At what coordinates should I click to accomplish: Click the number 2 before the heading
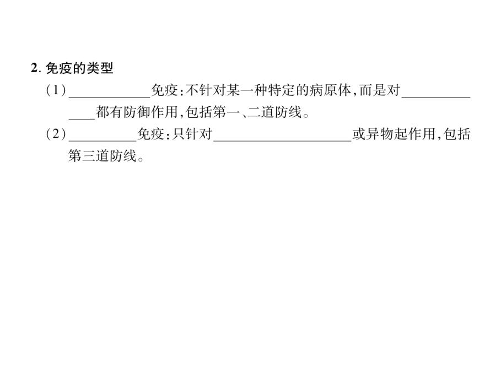(x=34, y=68)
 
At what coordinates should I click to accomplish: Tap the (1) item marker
(x=56, y=90)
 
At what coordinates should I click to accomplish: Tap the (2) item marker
(x=56, y=134)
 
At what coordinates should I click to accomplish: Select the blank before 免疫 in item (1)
(x=110, y=96)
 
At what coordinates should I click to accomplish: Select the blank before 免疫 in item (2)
(x=103, y=140)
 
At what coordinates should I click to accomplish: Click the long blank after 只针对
(x=282, y=140)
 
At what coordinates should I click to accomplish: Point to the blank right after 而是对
(x=436, y=96)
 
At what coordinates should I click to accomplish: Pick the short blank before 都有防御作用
(x=82, y=118)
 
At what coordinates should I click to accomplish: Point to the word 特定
(x=282, y=90)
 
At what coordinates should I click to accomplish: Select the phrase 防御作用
(x=150, y=112)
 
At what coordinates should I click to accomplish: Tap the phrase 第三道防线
(x=102, y=155)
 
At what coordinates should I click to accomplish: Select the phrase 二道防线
(x=274, y=112)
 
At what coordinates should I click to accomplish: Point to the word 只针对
(x=192, y=134)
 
